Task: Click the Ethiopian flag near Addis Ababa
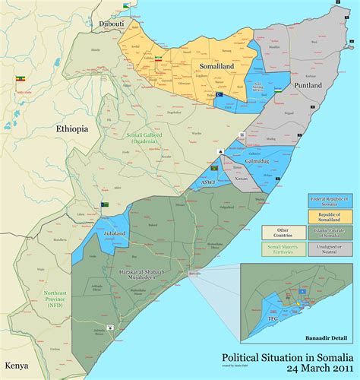point(19,78)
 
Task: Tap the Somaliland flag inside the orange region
point(159,58)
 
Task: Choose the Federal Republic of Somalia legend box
point(330,201)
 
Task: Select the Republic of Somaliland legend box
point(330,217)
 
